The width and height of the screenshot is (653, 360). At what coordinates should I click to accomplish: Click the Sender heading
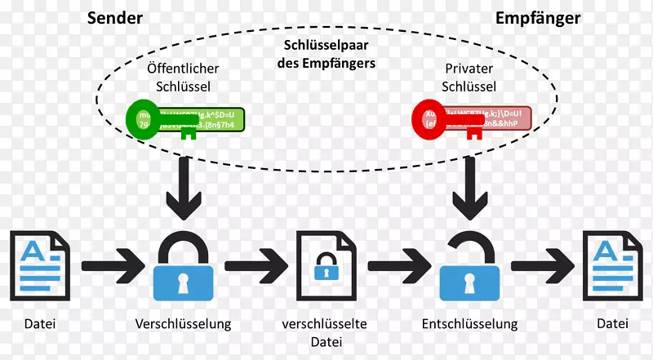[x=114, y=18]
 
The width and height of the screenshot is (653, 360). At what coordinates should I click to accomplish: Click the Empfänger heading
[x=538, y=18]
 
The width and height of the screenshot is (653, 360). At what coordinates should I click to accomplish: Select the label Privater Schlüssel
[x=469, y=78]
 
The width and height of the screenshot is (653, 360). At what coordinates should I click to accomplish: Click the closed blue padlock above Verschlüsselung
[x=184, y=264]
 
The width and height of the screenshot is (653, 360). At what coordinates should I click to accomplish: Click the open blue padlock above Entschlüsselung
[x=469, y=264]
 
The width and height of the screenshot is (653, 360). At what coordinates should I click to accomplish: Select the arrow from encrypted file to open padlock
[x=398, y=264]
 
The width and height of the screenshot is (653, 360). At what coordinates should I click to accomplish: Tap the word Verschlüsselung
[x=184, y=324]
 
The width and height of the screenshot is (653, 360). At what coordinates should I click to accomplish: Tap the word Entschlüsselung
[x=469, y=324]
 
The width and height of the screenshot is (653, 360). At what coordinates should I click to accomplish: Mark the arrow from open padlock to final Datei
[x=541, y=264]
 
